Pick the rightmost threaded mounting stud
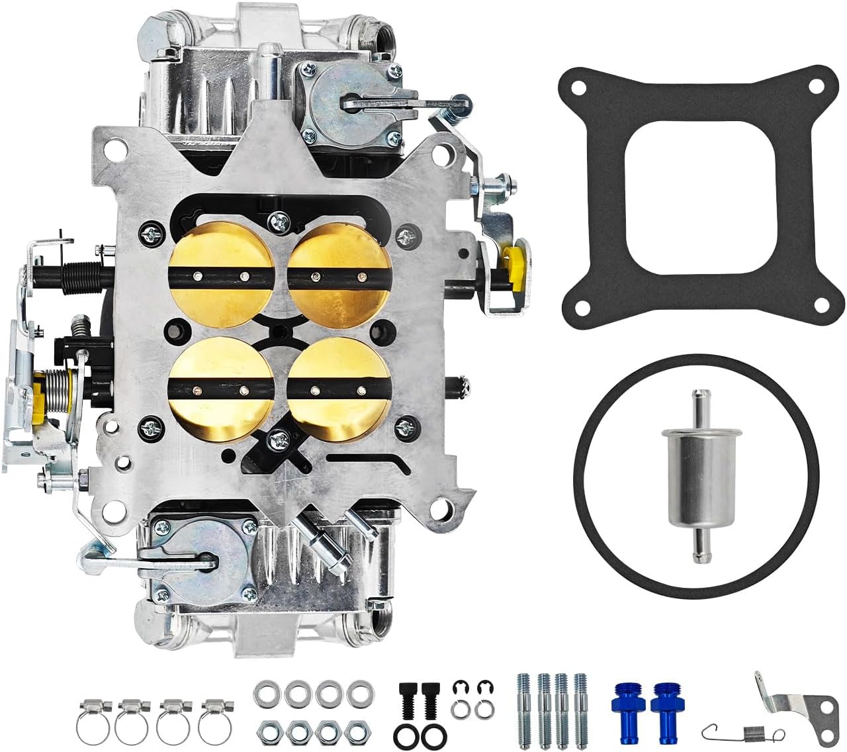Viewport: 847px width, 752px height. tap(581, 702)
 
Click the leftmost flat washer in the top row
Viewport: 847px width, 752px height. tap(266, 694)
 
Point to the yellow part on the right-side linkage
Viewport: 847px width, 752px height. tap(515, 263)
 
